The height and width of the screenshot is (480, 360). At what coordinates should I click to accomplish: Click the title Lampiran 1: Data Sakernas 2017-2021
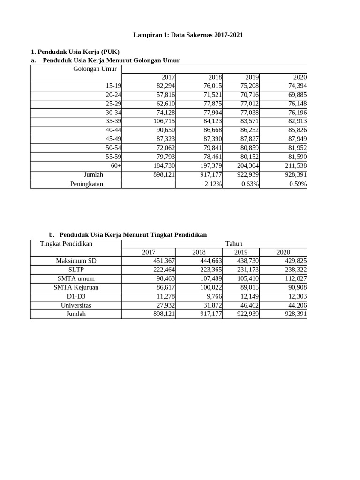[x=188, y=35]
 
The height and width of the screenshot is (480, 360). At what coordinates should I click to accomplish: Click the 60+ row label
[x=116, y=166]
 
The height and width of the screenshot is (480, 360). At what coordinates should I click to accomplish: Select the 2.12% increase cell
[x=213, y=184]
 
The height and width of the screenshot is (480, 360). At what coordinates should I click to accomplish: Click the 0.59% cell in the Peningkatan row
[x=298, y=184]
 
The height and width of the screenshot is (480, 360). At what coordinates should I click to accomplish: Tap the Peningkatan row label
[x=87, y=184]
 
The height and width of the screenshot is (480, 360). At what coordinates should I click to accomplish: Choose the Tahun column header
[x=233, y=244]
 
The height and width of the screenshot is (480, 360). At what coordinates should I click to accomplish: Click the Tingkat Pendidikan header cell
[x=66, y=244]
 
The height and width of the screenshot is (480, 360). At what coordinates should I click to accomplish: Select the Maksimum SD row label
[x=76, y=261]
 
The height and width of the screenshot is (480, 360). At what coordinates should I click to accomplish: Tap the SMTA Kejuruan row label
[x=76, y=287]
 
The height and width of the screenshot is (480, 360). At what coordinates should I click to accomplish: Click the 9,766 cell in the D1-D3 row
[x=213, y=296]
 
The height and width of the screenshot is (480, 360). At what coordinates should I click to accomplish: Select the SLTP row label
[x=76, y=270]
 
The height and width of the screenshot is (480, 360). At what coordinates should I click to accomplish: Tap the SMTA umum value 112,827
[x=295, y=278]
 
